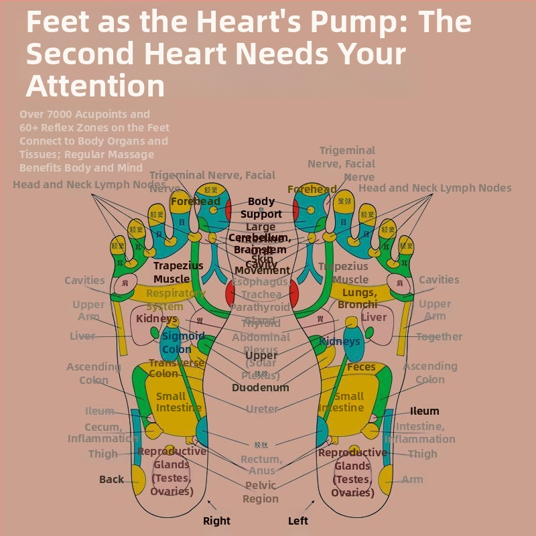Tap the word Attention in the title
pyautogui.click(x=95, y=86)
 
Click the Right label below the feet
pyautogui.click(x=216, y=521)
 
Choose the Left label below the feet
pyautogui.click(x=298, y=521)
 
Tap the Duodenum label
pyautogui.click(x=261, y=387)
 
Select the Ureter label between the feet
pyautogui.click(x=262, y=409)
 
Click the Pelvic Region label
pyautogui.click(x=261, y=492)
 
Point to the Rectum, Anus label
pyautogui.click(x=262, y=465)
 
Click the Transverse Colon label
pyautogui.click(x=176, y=368)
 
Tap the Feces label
pyautogui.click(x=361, y=367)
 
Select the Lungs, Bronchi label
pyautogui.click(x=359, y=299)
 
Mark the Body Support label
pyautogui.click(x=261, y=208)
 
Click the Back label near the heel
pyautogui.click(x=111, y=479)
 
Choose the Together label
pyautogui.click(x=439, y=336)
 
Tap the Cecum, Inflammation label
pyautogui.click(x=103, y=433)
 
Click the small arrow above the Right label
pyautogui.click(x=210, y=503)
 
